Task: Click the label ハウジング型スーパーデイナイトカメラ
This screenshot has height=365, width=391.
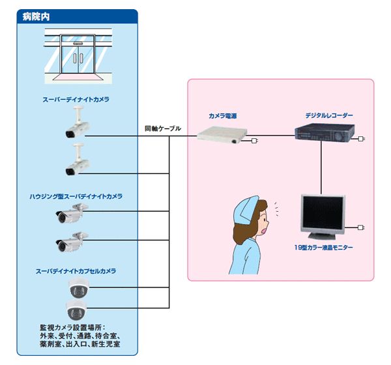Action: (x=76, y=196)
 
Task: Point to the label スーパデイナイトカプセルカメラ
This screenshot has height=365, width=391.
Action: (x=76, y=270)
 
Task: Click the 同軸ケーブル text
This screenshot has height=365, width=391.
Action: (x=163, y=128)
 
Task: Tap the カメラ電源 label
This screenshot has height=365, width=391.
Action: (x=222, y=115)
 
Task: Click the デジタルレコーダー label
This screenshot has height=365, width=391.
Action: (x=329, y=115)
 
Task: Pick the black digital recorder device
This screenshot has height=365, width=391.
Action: (x=323, y=134)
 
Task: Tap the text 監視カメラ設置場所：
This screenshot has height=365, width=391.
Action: (x=73, y=327)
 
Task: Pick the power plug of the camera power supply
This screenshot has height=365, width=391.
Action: (x=256, y=139)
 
